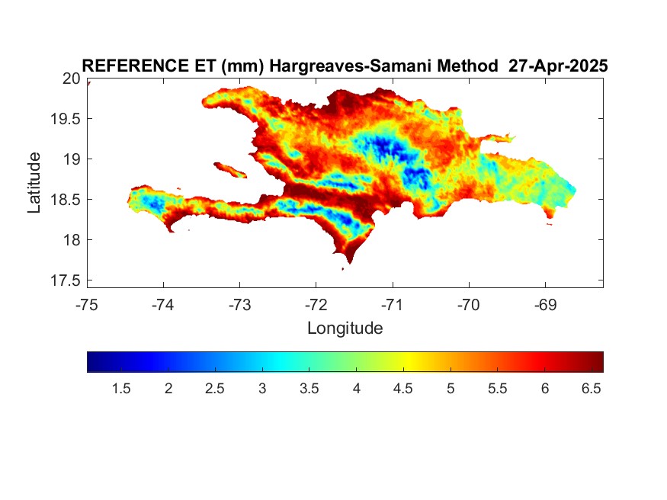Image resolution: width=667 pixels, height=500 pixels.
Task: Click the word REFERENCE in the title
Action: click(x=135, y=66)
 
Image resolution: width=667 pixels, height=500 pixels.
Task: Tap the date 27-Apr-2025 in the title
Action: click(x=558, y=66)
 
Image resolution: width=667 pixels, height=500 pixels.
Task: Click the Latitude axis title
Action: click(x=34, y=182)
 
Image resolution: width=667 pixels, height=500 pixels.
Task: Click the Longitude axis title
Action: click(x=345, y=329)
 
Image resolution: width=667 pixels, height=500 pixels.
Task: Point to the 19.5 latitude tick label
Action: click(x=66, y=119)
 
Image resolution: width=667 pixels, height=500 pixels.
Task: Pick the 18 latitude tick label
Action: click(x=72, y=240)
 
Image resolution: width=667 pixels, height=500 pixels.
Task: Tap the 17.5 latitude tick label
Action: click(x=66, y=280)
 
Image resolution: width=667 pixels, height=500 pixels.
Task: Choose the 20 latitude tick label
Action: click(x=72, y=79)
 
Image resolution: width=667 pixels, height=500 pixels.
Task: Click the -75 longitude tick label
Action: click(x=87, y=305)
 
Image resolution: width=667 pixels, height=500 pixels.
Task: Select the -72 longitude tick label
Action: click(x=316, y=305)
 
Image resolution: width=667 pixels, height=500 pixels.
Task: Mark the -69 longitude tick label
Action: click(x=545, y=305)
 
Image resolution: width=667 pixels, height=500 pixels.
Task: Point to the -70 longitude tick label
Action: click(x=469, y=305)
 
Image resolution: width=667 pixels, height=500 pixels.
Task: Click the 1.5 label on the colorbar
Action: click(x=121, y=389)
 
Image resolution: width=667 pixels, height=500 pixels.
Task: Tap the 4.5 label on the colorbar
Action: click(x=402, y=389)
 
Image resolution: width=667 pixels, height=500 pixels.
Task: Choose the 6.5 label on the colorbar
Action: click(x=592, y=389)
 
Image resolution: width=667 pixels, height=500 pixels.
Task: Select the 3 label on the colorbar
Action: click(x=262, y=389)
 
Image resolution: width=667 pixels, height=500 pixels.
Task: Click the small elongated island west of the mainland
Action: click(x=230, y=170)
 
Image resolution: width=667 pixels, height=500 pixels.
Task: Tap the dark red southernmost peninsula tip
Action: click(x=350, y=260)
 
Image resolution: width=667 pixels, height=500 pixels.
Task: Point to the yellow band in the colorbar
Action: click(x=408, y=362)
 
